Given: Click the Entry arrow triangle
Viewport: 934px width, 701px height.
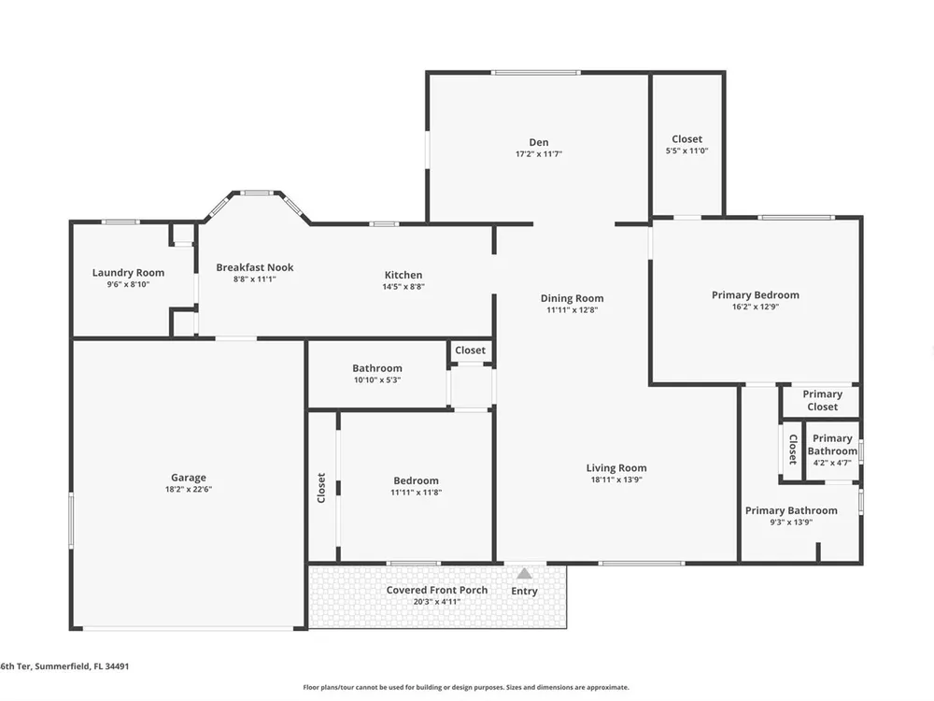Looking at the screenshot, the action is [524, 574].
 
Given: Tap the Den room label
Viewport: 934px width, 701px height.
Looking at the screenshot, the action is [539, 142].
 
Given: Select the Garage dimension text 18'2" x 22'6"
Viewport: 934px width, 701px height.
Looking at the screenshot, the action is [189, 490].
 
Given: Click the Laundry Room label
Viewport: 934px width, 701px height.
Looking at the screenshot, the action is [128, 272].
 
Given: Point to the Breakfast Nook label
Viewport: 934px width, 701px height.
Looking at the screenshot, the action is [255, 267].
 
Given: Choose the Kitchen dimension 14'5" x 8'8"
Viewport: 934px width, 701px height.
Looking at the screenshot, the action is [403, 287].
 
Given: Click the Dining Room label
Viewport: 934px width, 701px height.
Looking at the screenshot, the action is [572, 298].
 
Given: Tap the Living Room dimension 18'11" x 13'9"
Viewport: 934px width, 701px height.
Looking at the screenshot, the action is [616, 479].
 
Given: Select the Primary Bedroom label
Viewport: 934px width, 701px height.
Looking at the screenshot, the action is [756, 295].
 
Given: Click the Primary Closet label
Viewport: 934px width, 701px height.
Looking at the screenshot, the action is [822, 401].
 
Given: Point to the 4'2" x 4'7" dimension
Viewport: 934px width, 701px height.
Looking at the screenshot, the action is [832, 463].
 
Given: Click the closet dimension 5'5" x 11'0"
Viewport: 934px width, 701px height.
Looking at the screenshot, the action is [686, 151].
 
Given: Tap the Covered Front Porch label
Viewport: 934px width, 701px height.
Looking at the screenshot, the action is [436, 590].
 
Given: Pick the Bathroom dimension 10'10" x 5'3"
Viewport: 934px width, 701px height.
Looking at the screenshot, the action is [377, 380].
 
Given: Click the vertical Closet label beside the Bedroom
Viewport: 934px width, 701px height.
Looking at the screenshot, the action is [321, 488].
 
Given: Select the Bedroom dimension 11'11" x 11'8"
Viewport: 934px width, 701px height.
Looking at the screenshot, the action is [416, 493].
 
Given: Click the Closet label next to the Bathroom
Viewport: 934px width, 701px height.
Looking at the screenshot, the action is [470, 350].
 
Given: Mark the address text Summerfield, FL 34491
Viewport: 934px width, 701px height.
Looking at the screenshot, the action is [81, 666].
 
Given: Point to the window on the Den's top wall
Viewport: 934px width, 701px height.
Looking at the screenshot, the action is [535, 73].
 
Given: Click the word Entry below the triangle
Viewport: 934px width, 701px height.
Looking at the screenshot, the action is [524, 591].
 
